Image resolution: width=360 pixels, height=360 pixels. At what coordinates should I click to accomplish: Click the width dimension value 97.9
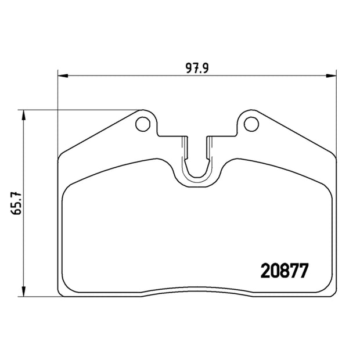197,68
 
